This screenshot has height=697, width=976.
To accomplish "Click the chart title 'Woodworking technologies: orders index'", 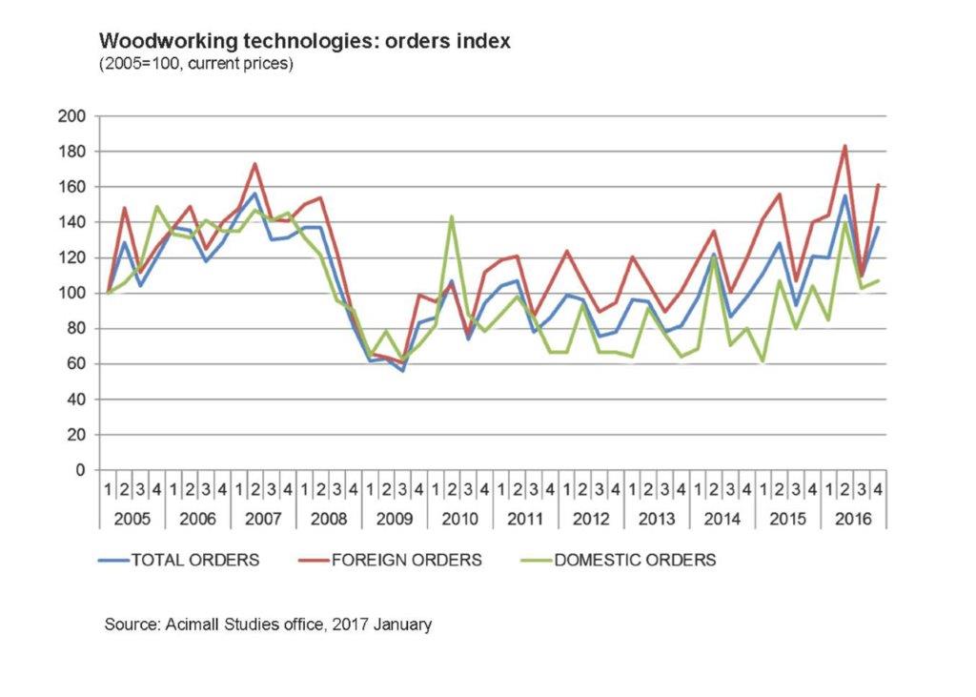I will coord(305,41).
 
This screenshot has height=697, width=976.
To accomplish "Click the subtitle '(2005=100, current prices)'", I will coord(195,65).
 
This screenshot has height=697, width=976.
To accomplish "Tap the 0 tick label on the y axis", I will coord(82,470).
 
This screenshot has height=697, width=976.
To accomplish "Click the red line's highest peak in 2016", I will coord(844,146).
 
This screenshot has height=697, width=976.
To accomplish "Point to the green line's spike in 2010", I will coord(451,216).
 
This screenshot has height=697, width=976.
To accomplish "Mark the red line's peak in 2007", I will coord(254,164).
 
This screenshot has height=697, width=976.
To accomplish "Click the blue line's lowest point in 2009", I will coord(402,370).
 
